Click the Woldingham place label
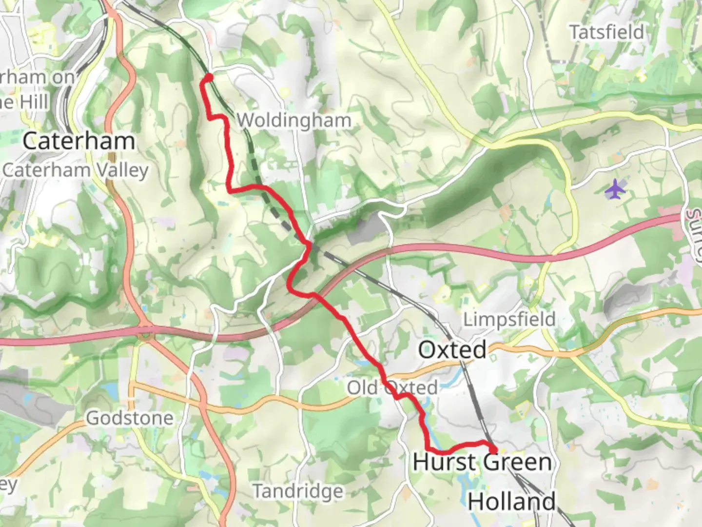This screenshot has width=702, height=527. coord(294,120)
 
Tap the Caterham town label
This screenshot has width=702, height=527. coord(79,142)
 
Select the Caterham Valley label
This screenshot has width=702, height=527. coord(76,170)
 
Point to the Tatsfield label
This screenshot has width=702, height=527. coord(607,32)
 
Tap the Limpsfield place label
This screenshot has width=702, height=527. coord(509,320)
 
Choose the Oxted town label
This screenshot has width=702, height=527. coord(452,350)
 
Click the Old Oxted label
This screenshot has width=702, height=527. coord(392,388)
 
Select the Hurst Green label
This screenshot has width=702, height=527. coord(482,462)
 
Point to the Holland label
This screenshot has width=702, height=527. coord(512,502)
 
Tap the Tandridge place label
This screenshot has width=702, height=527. coord(298,491)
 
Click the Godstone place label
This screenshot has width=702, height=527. coord(130,418)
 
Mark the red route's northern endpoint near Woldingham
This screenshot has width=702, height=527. coord(209,77)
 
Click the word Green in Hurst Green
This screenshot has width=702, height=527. coord(517,462)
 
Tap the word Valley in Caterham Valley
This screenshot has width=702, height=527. coord(121,170)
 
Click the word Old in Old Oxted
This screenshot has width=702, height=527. coord(363,388)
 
